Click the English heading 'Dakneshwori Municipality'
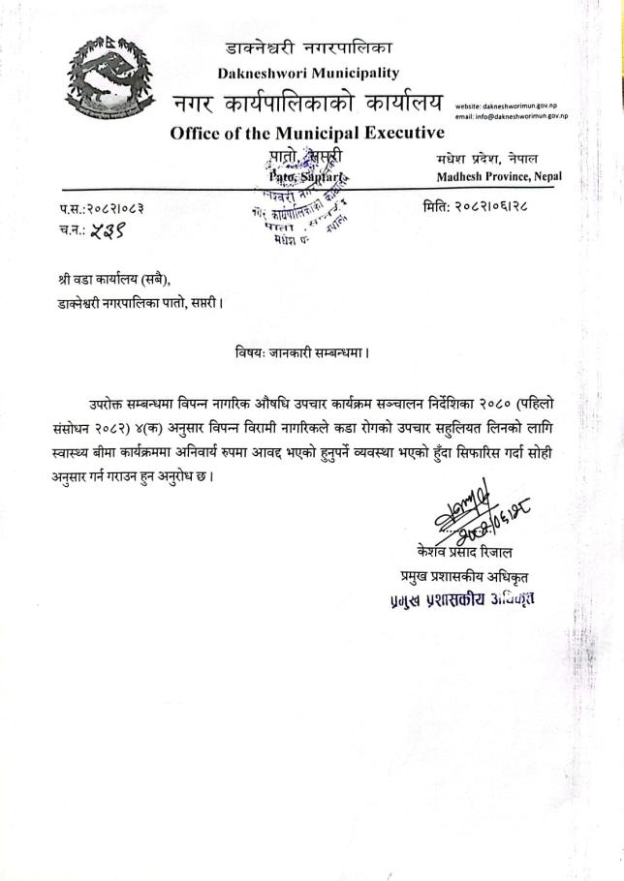click(308, 72)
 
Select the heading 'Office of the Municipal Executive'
click(307, 133)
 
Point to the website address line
click(511, 106)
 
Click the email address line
click(511, 116)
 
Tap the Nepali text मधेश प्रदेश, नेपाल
click(482, 158)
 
